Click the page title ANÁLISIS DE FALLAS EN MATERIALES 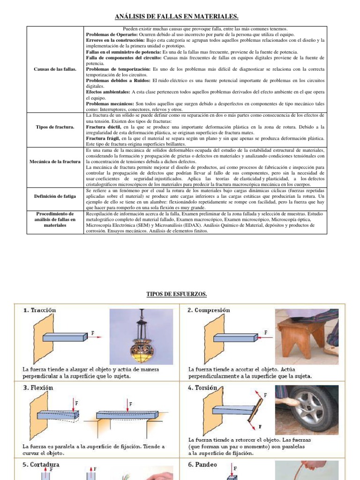(x=177, y=17)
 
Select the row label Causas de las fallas (x=55, y=69)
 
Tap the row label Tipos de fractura (x=55, y=127)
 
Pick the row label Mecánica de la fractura (x=55, y=162)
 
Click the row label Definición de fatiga (x=55, y=196)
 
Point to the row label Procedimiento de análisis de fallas (x=55, y=219)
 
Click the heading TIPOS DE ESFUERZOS (x=177, y=294)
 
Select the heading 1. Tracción (x=40, y=310)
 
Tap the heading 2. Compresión (x=210, y=310)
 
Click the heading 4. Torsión (x=203, y=388)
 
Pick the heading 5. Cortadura (x=42, y=465)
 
